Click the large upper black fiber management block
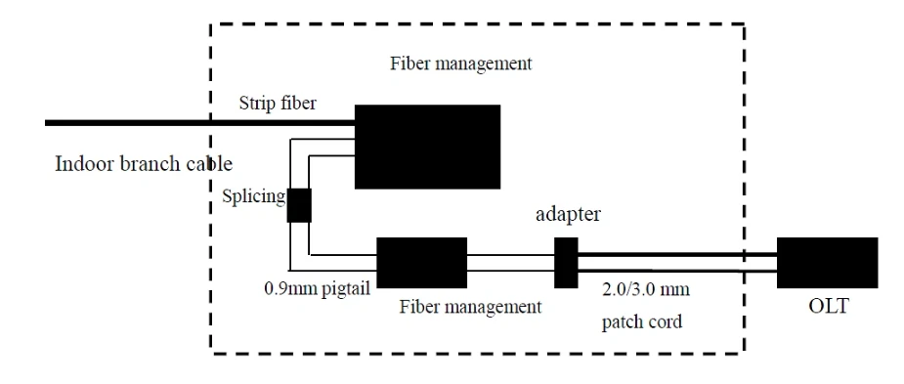(427, 147)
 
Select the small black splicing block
(299, 205)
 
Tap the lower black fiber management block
(421, 263)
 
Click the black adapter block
(566, 263)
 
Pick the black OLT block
(828, 263)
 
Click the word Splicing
(254, 197)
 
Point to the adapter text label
(568, 215)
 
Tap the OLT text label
(829, 306)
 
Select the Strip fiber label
(278, 104)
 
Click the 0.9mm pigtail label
(317, 287)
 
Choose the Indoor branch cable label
(144, 164)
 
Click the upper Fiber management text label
(460, 63)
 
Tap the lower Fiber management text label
(470, 306)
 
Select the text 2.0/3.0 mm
(646, 287)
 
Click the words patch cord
(642, 321)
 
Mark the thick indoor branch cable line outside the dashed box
(127, 123)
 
